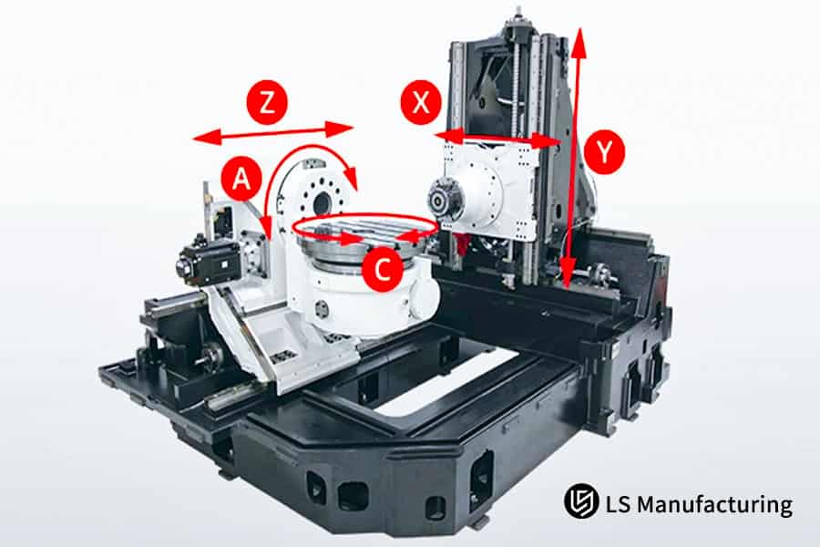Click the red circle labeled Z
coord(267,103)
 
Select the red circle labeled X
coord(421,103)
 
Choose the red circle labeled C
coord(383,271)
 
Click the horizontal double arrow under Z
coord(273,133)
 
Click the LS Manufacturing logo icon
coord(579,502)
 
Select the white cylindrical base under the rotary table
coord(364,292)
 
